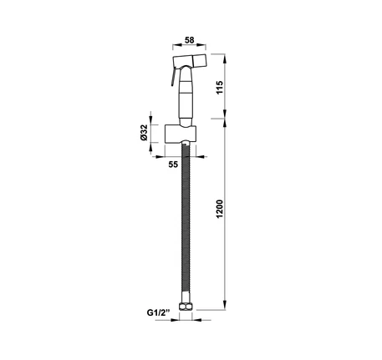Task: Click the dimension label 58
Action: (190, 40)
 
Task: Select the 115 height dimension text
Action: (220, 88)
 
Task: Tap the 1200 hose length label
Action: (220, 209)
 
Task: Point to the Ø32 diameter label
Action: (144, 133)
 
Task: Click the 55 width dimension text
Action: (173, 165)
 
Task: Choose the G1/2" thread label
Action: (158, 312)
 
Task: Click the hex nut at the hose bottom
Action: (186, 307)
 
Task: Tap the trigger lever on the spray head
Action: (173, 77)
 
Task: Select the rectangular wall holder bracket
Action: (181, 134)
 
